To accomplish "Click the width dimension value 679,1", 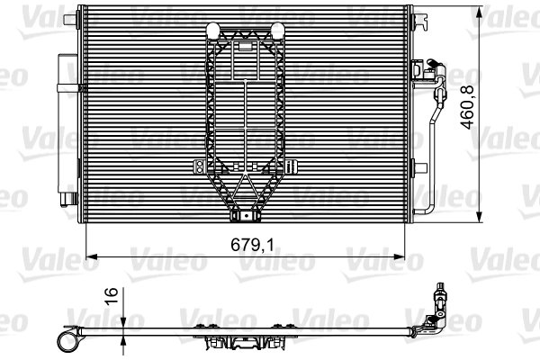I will (244, 242).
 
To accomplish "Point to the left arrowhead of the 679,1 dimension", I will (89, 255).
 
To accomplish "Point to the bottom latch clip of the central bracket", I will (243, 216).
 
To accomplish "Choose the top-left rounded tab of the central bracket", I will (215, 29).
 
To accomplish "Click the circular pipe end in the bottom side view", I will (67, 338).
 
